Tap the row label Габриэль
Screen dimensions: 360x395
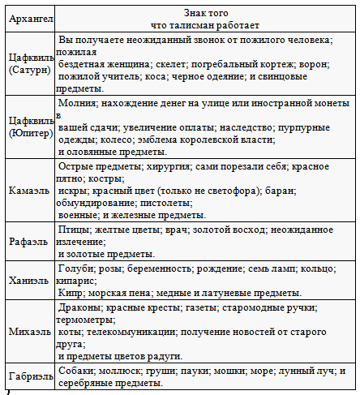29,376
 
